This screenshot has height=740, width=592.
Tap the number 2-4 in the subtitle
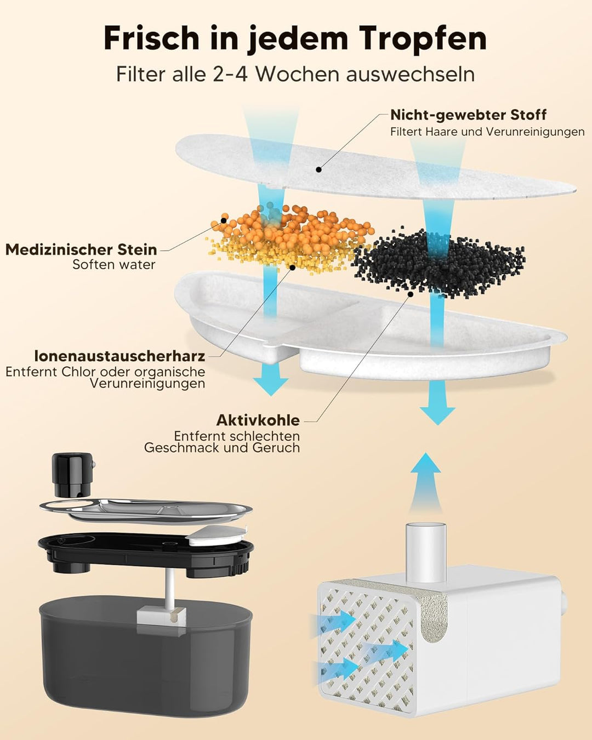pyautogui.click(x=230, y=74)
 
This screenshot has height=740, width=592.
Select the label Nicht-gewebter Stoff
pyautogui.click(x=468, y=115)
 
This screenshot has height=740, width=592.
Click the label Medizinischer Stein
pyautogui.click(x=81, y=249)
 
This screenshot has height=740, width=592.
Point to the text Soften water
pyautogui.click(x=114, y=264)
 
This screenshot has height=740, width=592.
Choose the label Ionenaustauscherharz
pyautogui.click(x=119, y=356)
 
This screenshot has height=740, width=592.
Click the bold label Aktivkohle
pyautogui.click(x=258, y=420)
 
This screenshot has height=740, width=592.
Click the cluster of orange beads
pyautogui.click(x=292, y=227)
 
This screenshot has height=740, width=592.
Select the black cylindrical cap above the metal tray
pyautogui.click(x=72, y=475)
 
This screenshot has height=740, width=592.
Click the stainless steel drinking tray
pyautogui.click(x=146, y=511)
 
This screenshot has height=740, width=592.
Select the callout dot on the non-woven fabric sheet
pyautogui.click(x=319, y=169)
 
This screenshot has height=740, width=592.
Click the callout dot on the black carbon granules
pyautogui.click(x=410, y=294)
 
